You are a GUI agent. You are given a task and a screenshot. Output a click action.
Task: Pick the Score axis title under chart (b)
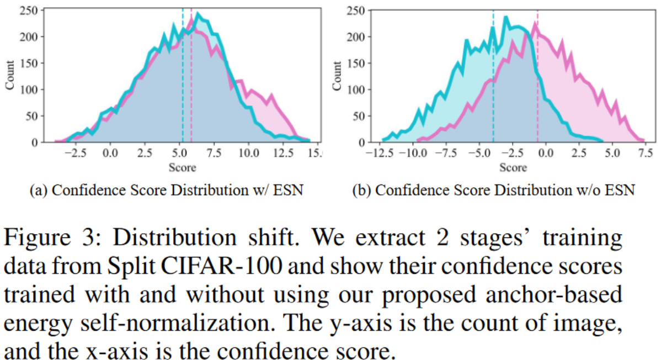513,166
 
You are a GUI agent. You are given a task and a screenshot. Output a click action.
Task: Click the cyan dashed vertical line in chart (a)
183,83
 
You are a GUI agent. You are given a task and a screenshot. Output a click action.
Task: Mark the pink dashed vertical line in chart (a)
191,83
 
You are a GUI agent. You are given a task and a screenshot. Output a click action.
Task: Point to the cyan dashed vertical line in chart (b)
493,83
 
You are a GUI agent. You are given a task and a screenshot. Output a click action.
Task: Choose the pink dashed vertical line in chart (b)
537,83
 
